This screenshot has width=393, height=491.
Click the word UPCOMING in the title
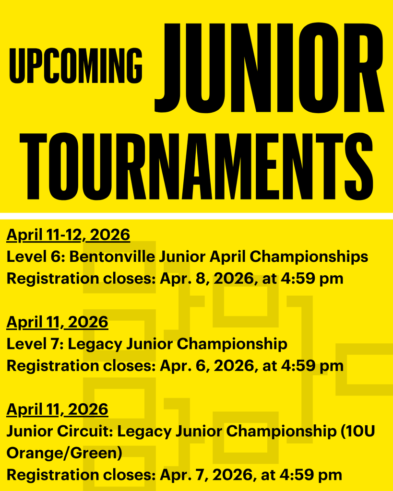(x=76, y=65)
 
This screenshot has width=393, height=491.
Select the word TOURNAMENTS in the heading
(x=196, y=165)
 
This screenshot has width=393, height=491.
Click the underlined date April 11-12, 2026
(x=68, y=235)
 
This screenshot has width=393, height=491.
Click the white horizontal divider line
(x=196, y=216)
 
